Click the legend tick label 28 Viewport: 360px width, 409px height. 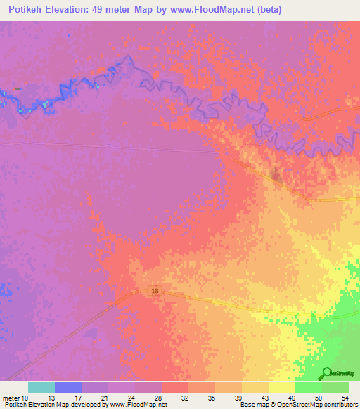pyautogui.click(x=161, y=397)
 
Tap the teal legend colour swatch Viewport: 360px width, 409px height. pyautogui.click(x=41, y=387)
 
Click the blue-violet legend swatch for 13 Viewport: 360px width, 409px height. pyautogui.click(x=67, y=387)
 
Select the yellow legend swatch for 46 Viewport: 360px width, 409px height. pyautogui.click(x=281, y=387)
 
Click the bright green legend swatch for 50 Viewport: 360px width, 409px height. pyautogui.click(x=308, y=387)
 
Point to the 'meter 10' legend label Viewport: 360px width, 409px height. pyautogui.click(x=15, y=397)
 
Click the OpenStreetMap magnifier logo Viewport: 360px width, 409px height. pyautogui.click(x=328, y=373)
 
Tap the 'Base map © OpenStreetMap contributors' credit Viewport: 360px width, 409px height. pyautogui.click(x=297, y=405)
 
